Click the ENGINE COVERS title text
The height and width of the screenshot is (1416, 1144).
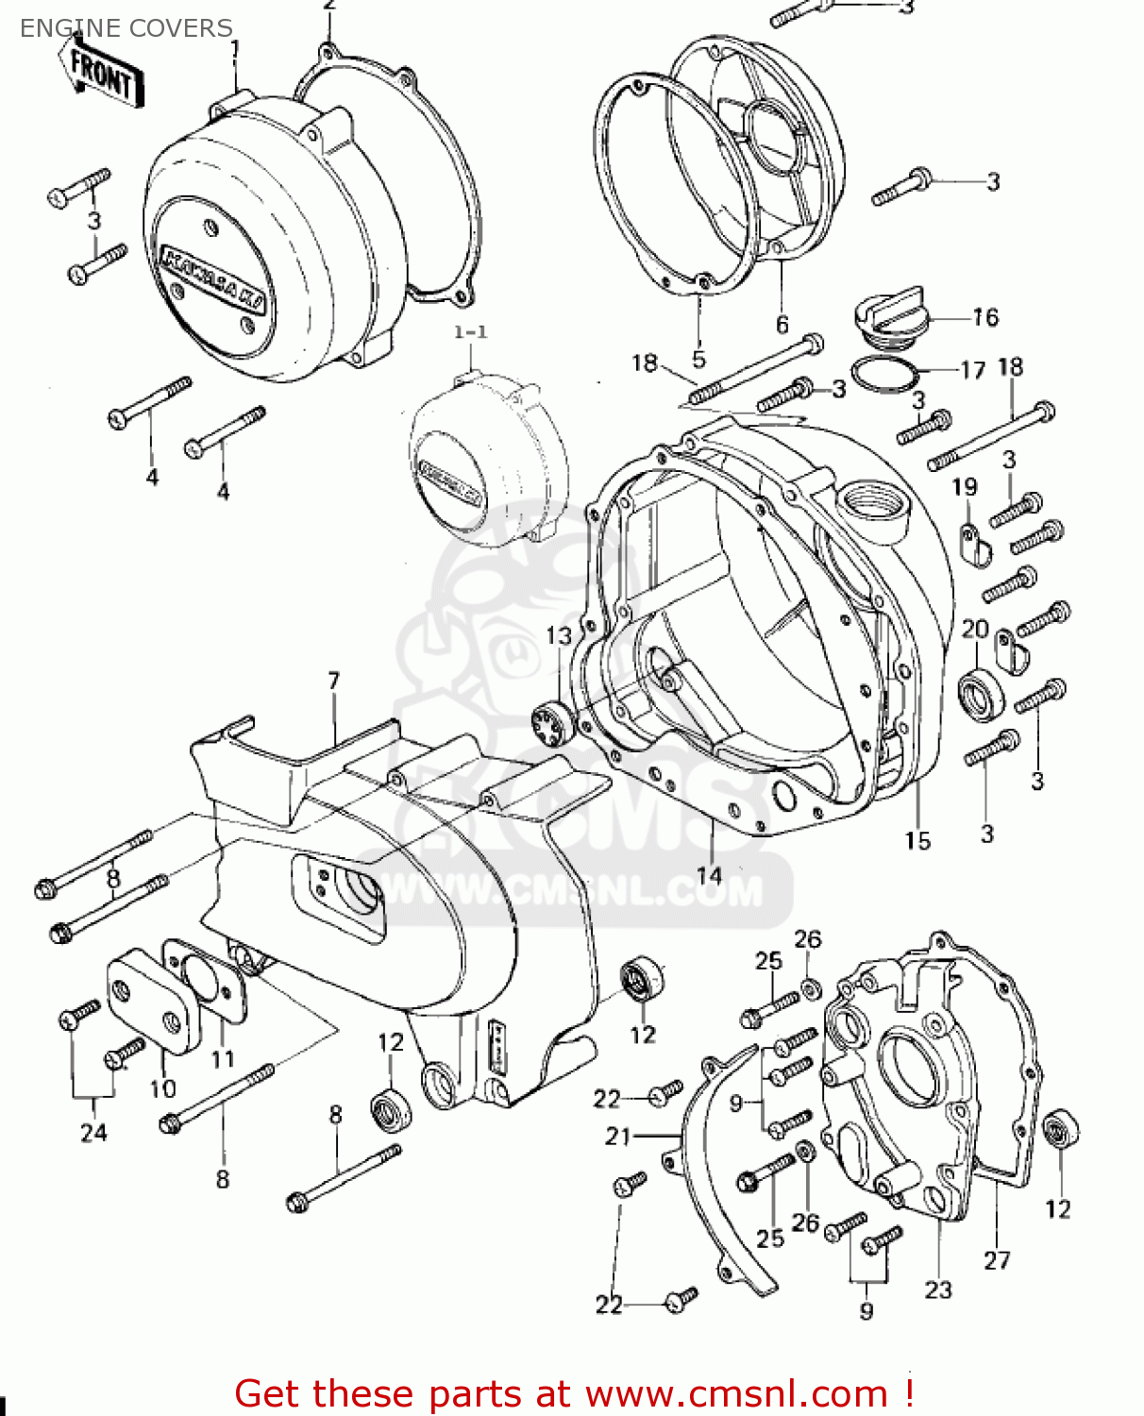click(x=126, y=28)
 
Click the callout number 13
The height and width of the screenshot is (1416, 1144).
click(x=559, y=636)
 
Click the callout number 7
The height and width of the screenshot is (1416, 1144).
click(x=333, y=681)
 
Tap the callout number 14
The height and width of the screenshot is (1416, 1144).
click(x=709, y=876)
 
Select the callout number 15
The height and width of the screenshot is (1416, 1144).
click(x=917, y=840)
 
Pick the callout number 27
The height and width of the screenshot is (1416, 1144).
click(x=997, y=1260)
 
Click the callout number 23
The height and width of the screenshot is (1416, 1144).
click(x=937, y=1290)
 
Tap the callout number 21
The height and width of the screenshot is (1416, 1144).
click(x=618, y=1137)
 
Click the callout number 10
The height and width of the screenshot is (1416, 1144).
click(x=162, y=1088)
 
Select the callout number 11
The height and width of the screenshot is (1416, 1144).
click(x=223, y=1059)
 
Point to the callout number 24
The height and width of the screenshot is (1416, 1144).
click(x=93, y=1132)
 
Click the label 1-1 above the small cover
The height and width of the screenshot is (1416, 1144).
click(x=470, y=332)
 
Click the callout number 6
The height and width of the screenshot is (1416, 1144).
click(x=782, y=325)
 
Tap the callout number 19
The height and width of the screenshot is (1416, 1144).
click(x=964, y=487)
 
